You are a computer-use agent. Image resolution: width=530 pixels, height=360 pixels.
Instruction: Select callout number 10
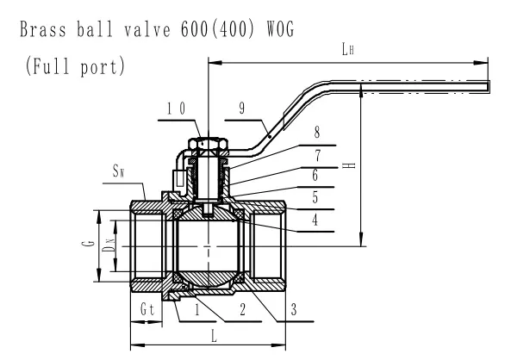point(176,108)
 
